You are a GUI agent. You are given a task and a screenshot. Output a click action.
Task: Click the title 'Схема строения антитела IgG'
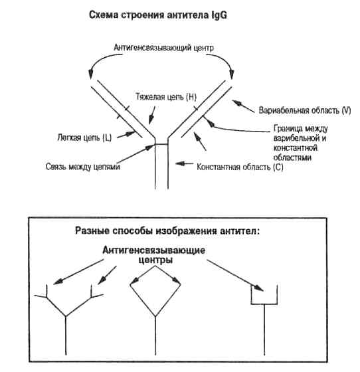(x=158, y=15)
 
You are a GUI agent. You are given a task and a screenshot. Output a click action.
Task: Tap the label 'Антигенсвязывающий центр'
(x=163, y=48)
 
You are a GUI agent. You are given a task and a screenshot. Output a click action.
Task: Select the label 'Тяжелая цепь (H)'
(x=166, y=97)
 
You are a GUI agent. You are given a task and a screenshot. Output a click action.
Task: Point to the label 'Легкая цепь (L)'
(x=84, y=138)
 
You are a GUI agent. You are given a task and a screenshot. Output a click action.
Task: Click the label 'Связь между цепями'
(x=83, y=167)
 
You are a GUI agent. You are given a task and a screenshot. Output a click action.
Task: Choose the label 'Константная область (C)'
(x=240, y=167)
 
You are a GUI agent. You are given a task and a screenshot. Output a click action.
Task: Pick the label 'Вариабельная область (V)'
(x=305, y=110)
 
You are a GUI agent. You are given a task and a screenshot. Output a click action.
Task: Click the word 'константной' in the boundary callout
(x=296, y=147)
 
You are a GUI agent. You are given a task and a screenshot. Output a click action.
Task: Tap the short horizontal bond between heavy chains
(x=161, y=144)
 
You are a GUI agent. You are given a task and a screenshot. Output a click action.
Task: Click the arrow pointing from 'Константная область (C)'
(x=184, y=163)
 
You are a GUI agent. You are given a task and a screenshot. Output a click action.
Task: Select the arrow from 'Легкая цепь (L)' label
(x=126, y=134)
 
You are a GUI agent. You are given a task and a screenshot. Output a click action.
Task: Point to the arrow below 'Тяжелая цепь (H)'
(x=152, y=116)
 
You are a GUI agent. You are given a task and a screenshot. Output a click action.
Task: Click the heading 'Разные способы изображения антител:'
(x=167, y=231)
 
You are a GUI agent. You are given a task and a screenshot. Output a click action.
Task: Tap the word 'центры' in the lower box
(x=155, y=260)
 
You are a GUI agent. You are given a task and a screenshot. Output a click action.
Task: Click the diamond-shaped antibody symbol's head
(x=155, y=291)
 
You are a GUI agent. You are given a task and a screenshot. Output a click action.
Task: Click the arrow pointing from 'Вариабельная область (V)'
(x=243, y=106)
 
